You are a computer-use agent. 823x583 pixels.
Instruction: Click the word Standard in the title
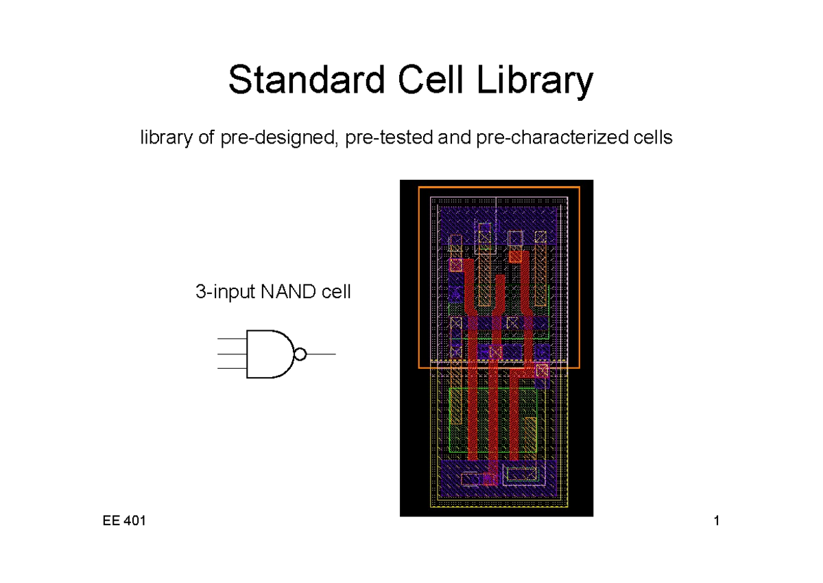coord(306,81)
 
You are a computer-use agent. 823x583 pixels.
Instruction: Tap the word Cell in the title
coord(427,81)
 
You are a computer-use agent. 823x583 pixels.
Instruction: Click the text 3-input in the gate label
coord(225,292)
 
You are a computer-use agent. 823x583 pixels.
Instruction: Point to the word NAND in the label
coord(284,292)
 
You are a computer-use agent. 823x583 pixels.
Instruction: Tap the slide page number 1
coord(717,521)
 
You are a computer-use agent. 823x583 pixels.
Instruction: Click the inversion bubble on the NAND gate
coord(299,354)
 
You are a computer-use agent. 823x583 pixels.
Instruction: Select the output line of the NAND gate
coord(320,354)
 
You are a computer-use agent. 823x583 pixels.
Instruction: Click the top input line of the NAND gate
coord(231,340)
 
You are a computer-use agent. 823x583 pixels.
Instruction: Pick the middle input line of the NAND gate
coord(231,354)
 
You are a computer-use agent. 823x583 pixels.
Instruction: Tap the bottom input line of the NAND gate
coord(231,369)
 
